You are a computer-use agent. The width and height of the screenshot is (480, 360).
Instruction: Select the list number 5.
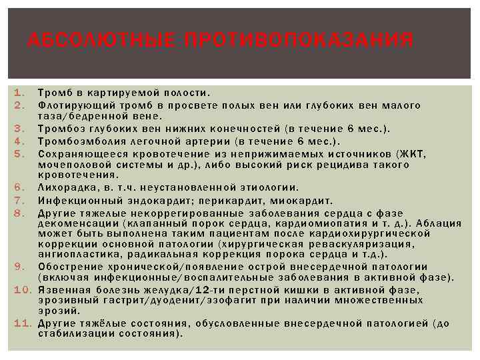click(x=19, y=153)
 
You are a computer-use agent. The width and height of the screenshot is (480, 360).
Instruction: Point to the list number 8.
click(x=19, y=213)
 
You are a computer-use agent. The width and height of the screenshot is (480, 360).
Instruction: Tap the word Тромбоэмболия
click(x=75, y=141)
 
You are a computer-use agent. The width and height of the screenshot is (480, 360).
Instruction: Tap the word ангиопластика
click(x=76, y=254)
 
